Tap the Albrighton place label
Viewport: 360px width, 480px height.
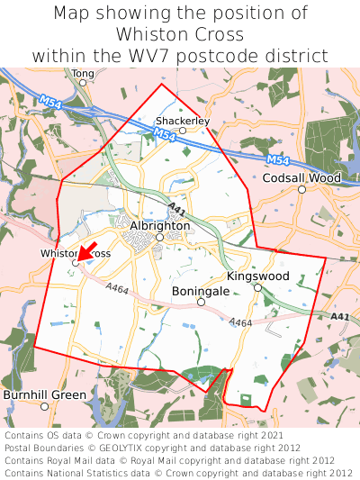coord(159,225)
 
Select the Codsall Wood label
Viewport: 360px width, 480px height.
coord(301,178)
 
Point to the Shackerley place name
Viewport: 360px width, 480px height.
coord(182,120)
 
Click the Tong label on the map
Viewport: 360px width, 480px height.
coord(82,73)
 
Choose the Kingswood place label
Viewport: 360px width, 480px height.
coord(257,276)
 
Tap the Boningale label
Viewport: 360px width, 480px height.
coord(201,292)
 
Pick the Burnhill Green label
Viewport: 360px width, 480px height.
coord(44,394)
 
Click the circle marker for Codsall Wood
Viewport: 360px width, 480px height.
coord(302,189)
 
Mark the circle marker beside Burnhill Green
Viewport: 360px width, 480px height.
coord(95,395)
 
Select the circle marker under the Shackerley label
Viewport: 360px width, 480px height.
coord(182,131)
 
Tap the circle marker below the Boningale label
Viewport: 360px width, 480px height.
coord(201,303)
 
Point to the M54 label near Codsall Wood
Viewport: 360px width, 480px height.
coord(280,160)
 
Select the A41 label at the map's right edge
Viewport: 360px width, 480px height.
coord(338,316)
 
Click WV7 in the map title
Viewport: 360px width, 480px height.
coord(180,56)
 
